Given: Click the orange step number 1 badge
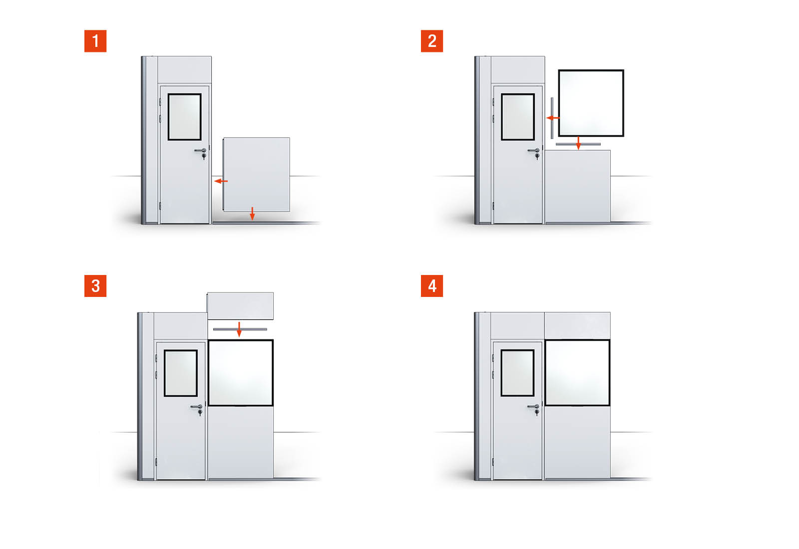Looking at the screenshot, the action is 95,41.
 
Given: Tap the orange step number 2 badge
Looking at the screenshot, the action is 431,41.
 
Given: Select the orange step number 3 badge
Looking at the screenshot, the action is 95,285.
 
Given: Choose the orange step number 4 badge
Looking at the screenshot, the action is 431,285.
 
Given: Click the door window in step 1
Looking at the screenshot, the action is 184,117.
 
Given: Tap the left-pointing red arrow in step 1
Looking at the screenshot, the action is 221,181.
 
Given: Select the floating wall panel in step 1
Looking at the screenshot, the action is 257,174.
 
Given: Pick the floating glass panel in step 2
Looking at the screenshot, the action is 591,103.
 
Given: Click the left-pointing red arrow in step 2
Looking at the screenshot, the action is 553,118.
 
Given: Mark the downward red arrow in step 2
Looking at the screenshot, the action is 578,143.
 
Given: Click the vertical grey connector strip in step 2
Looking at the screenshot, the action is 552,118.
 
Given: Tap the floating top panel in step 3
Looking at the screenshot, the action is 240,306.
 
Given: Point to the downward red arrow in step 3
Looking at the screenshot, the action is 239,329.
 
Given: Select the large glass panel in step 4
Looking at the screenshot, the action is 577,372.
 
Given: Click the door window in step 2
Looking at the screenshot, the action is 517,117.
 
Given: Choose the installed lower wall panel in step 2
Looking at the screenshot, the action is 577,187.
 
